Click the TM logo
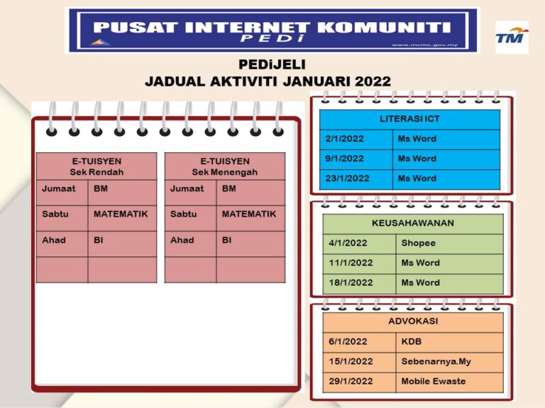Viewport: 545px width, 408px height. pyautogui.click(x=512, y=37)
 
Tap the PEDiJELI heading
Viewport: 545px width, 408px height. pyautogui.click(x=272, y=64)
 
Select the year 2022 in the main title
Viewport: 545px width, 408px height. pyautogui.click(x=373, y=81)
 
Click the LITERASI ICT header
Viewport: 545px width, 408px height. pyautogui.click(x=409, y=119)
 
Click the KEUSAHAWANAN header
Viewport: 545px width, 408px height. pyautogui.click(x=413, y=223)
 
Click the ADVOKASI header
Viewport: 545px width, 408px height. pyautogui.click(x=413, y=322)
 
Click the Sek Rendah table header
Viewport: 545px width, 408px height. pyautogui.click(x=97, y=166)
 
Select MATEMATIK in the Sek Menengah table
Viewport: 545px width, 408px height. pyautogui.click(x=249, y=214)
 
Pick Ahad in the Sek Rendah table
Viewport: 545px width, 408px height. pyautogui.click(x=54, y=240)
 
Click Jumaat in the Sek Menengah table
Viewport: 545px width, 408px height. pyautogui.click(x=187, y=188)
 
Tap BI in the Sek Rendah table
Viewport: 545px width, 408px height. pyautogui.click(x=99, y=240)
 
